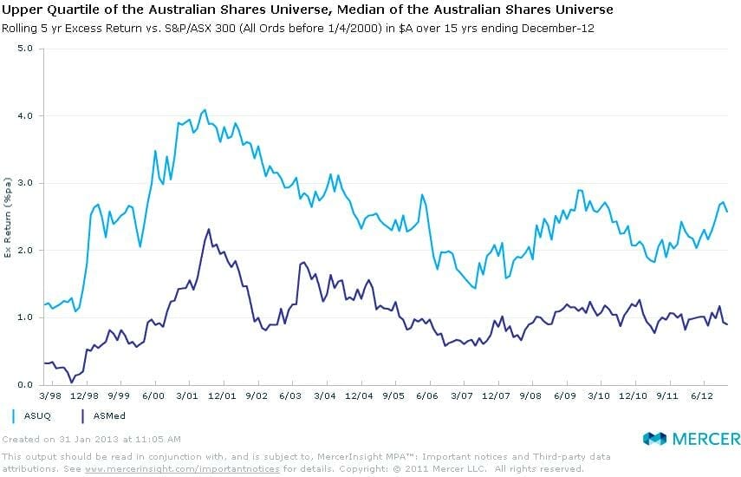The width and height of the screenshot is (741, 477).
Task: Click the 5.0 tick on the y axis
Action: click(25, 49)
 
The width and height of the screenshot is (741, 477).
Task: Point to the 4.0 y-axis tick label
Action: click(25, 115)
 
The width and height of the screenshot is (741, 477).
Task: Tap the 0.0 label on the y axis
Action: click(25, 384)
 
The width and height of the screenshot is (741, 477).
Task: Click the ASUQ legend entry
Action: click(31, 415)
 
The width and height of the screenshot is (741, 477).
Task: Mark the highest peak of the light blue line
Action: click(205, 109)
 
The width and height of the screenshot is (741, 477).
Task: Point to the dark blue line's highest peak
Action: click(209, 229)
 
